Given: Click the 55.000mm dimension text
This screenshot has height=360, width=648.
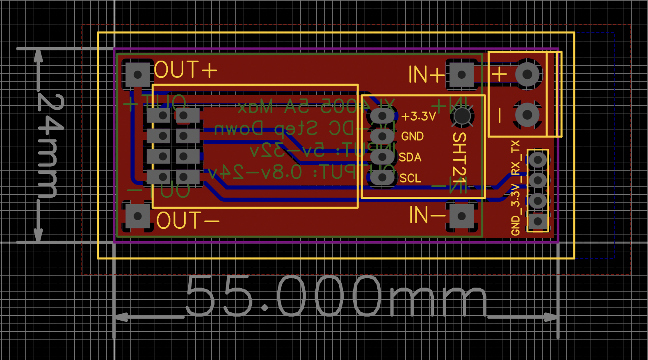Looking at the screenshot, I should point(336,296).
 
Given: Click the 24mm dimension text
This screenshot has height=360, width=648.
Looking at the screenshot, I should point(49,146).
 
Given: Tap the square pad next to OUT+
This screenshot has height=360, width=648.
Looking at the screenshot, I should point(137,75).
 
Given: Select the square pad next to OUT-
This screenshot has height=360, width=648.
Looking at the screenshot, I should point(137,216).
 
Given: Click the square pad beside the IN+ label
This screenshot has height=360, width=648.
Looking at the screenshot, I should point(461,75).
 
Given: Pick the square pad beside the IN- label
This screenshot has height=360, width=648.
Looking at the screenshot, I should point(461,216).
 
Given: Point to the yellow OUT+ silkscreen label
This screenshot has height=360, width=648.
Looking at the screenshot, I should point(185,70).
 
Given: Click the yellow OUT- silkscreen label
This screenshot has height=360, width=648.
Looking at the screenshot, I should point(187,221).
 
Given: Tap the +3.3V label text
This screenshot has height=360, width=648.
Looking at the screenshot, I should point(418,116).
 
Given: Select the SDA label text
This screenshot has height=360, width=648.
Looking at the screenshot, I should point(410,157).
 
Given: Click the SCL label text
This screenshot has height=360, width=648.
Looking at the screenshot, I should point(410,178).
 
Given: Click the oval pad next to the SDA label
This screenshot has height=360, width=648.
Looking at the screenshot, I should point(382,157).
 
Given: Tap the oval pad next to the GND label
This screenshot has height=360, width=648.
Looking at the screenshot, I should point(382,136).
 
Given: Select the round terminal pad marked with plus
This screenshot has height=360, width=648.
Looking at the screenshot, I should point(527,74).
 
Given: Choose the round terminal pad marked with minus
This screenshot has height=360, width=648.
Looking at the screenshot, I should point(527,115).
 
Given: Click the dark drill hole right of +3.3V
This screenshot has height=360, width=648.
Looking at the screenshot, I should point(462,116).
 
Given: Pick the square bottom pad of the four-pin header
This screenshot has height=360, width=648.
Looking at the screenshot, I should point(538,221).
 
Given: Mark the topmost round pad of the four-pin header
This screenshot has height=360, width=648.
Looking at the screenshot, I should point(538,159).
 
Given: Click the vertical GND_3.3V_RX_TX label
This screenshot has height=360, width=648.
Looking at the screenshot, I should point(516,188).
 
